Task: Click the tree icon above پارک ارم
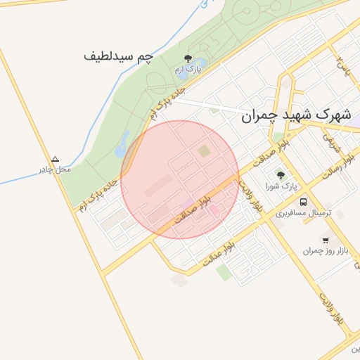click(x=187, y=58)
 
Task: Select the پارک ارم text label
click(x=188, y=70)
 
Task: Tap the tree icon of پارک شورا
click(x=281, y=175)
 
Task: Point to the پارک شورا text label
click(x=281, y=186)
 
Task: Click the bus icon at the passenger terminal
click(x=304, y=200)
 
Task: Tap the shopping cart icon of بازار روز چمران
click(x=325, y=240)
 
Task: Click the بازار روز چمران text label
click(x=322, y=251)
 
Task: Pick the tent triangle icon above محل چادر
click(x=56, y=159)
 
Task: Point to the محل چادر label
click(x=54, y=169)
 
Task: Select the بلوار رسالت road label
click(x=333, y=169)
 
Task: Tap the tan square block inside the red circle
click(x=204, y=150)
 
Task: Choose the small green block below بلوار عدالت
click(x=224, y=273)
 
